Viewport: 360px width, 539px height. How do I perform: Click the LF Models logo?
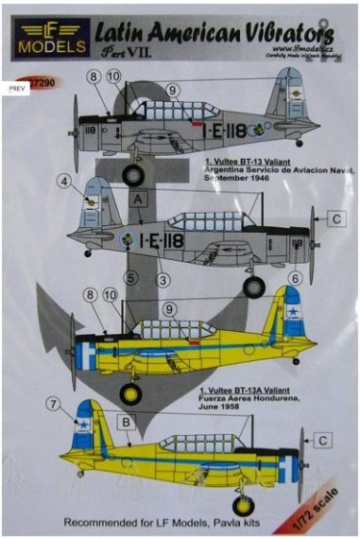(44, 39)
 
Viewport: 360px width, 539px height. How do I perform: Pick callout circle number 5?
(131, 278)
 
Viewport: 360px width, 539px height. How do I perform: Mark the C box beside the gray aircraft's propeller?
(335, 218)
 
